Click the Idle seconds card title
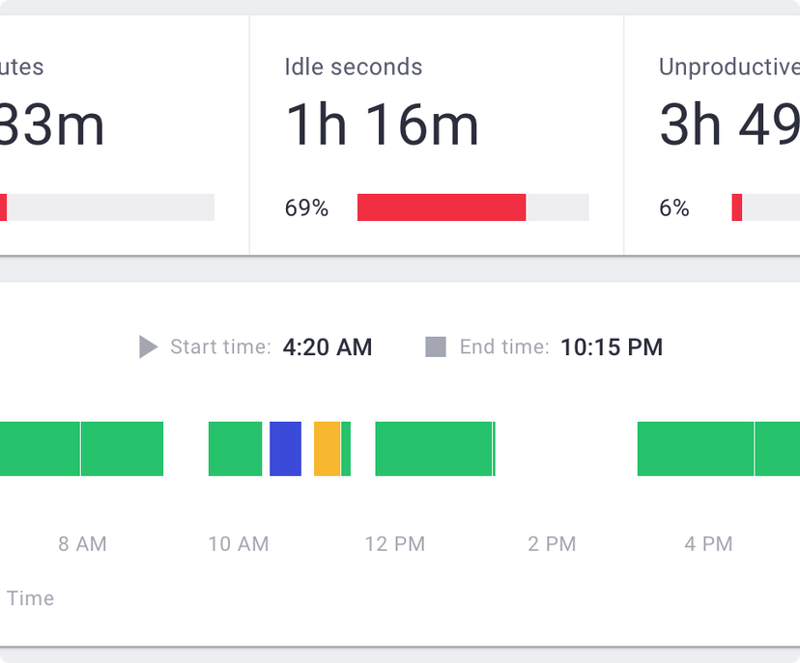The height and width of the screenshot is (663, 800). coord(353,68)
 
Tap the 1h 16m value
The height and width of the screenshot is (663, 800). coord(382,125)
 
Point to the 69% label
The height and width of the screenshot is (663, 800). coord(306,207)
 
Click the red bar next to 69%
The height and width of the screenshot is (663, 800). coord(442,207)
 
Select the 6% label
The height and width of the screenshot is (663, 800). coord(673,207)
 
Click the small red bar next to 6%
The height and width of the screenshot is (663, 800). coord(737,207)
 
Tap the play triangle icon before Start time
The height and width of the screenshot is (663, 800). coord(148,347)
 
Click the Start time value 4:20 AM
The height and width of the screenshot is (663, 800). coord(327,347)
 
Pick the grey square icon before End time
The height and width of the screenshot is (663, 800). coord(436,347)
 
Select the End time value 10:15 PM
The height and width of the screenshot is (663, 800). coord(612,347)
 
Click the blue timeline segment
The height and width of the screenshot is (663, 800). coord(285,449)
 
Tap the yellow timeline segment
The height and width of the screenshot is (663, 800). coord(327,449)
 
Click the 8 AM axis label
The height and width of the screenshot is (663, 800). coord(82,544)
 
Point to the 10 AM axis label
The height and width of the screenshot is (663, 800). coord(239,544)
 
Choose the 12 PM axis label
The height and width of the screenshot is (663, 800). coord(395,544)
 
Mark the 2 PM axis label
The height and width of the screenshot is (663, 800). coord(552,544)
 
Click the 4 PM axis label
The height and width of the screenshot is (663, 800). coord(708,544)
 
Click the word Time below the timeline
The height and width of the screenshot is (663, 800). coord(30,598)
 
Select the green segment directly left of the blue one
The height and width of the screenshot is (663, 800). coord(235,449)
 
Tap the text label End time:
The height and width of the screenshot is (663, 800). coord(504,347)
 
